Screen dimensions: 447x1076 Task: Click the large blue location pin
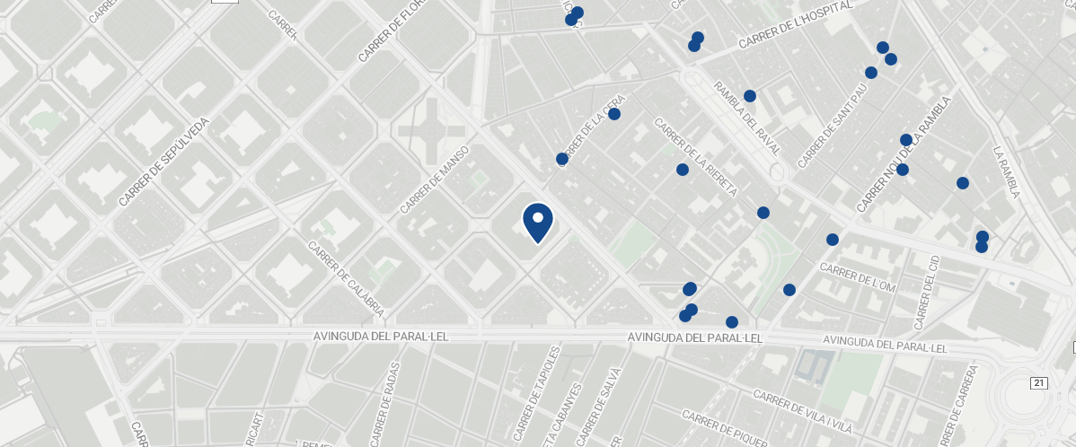click(537, 223)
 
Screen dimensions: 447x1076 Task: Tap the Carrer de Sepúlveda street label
click(163, 162)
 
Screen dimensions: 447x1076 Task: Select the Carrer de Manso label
click(435, 180)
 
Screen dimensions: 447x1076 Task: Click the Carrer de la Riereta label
click(695, 157)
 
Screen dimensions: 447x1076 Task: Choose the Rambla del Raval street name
click(747, 118)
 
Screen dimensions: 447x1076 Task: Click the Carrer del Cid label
click(925, 292)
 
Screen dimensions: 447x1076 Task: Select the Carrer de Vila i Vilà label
click(802, 410)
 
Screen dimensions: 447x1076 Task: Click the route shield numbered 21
click(1039, 383)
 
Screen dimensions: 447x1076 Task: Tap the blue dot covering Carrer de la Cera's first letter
click(562, 159)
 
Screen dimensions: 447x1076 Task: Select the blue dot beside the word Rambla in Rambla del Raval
click(750, 96)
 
